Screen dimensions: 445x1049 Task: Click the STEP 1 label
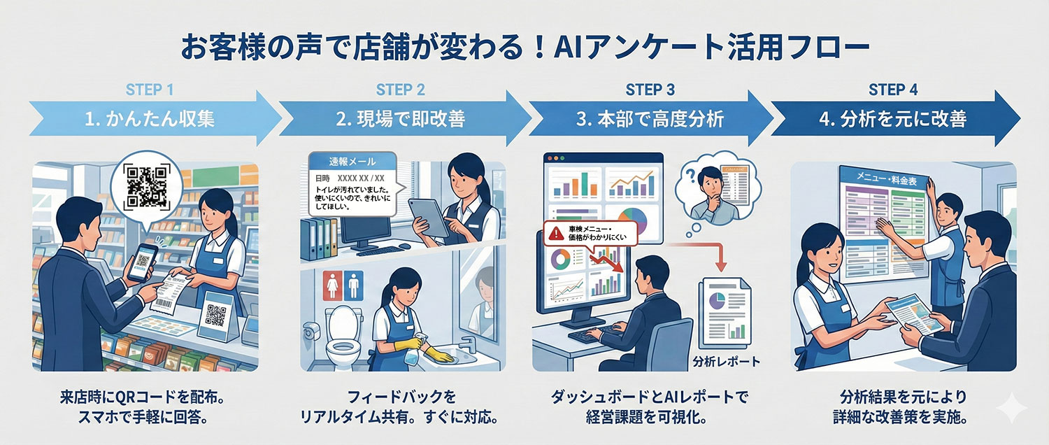coord(149,90)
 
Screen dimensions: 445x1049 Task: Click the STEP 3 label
coord(650,90)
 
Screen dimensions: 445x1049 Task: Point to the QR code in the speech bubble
coord(146,185)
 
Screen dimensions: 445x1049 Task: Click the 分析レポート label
coord(725,362)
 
